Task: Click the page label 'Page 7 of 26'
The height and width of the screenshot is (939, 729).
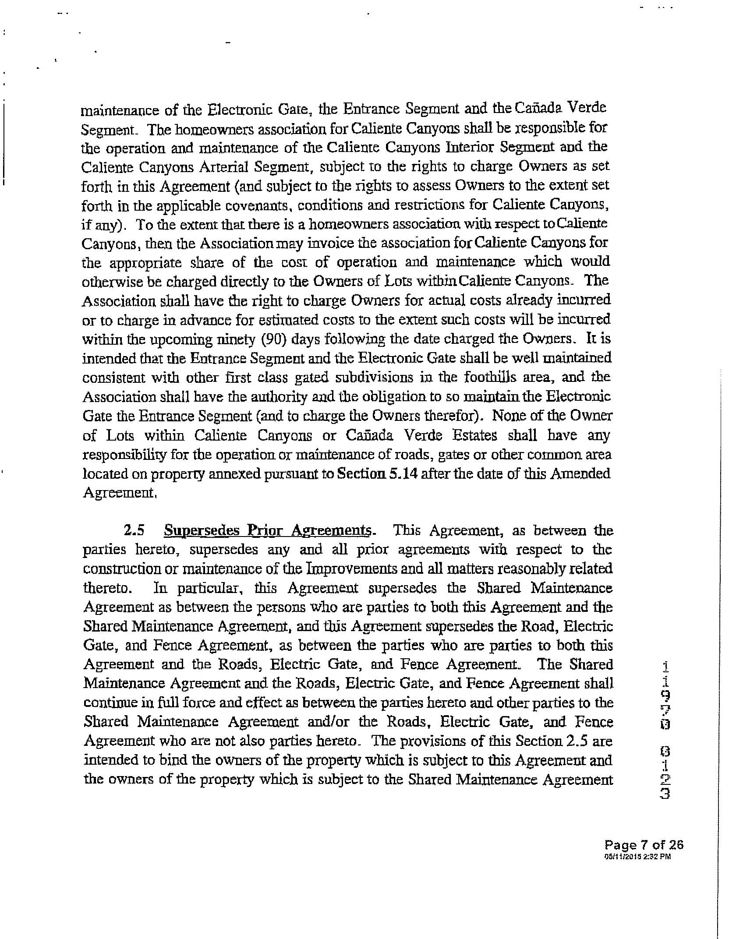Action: coord(644,845)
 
